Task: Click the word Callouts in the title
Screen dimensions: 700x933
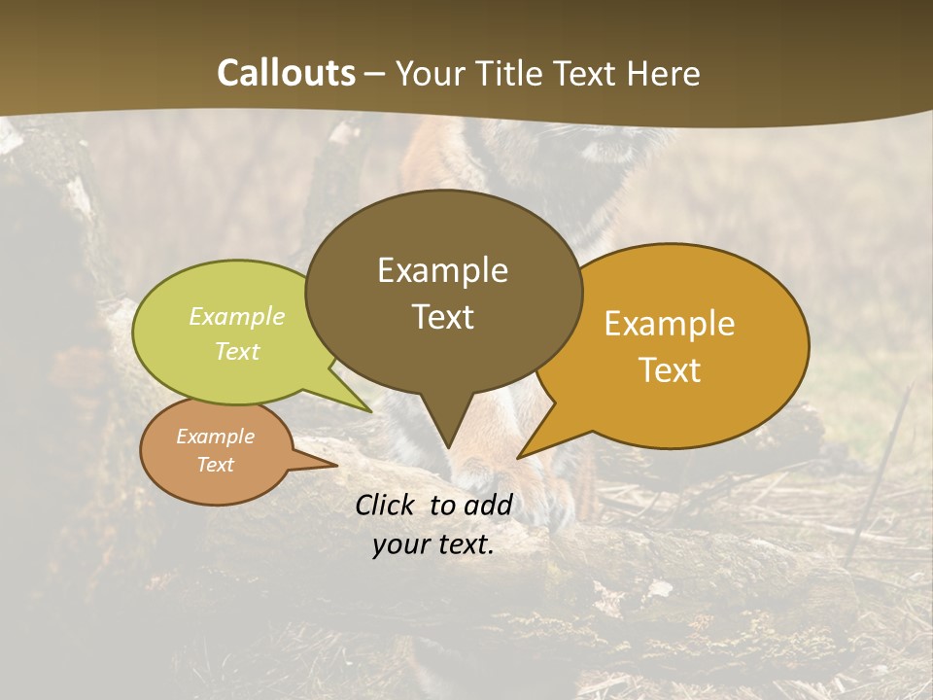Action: [286, 73]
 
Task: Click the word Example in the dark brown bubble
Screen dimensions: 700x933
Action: [442, 270]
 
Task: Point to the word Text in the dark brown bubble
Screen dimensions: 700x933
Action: [442, 317]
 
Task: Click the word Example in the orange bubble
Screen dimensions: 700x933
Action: [670, 324]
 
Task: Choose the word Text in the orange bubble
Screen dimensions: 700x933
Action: [670, 370]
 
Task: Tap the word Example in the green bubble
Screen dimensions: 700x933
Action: [237, 316]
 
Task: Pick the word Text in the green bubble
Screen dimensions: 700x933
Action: [237, 351]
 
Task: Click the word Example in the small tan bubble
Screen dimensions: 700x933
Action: [215, 437]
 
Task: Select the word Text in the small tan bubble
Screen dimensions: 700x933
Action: [215, 465]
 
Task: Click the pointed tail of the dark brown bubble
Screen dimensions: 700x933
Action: [448, 442]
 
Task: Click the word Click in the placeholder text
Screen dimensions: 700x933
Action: [388, 505]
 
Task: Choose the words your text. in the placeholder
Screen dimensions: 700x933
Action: [433, 545]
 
